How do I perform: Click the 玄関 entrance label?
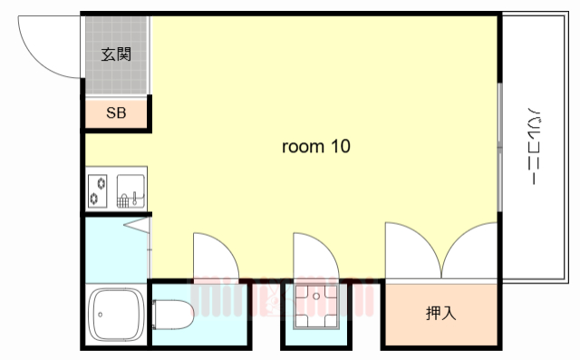116,54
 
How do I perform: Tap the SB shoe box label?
116,113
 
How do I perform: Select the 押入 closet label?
440,314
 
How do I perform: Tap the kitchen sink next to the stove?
130,190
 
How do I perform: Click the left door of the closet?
411,248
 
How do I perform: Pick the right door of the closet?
472,248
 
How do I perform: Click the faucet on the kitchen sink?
132,195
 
